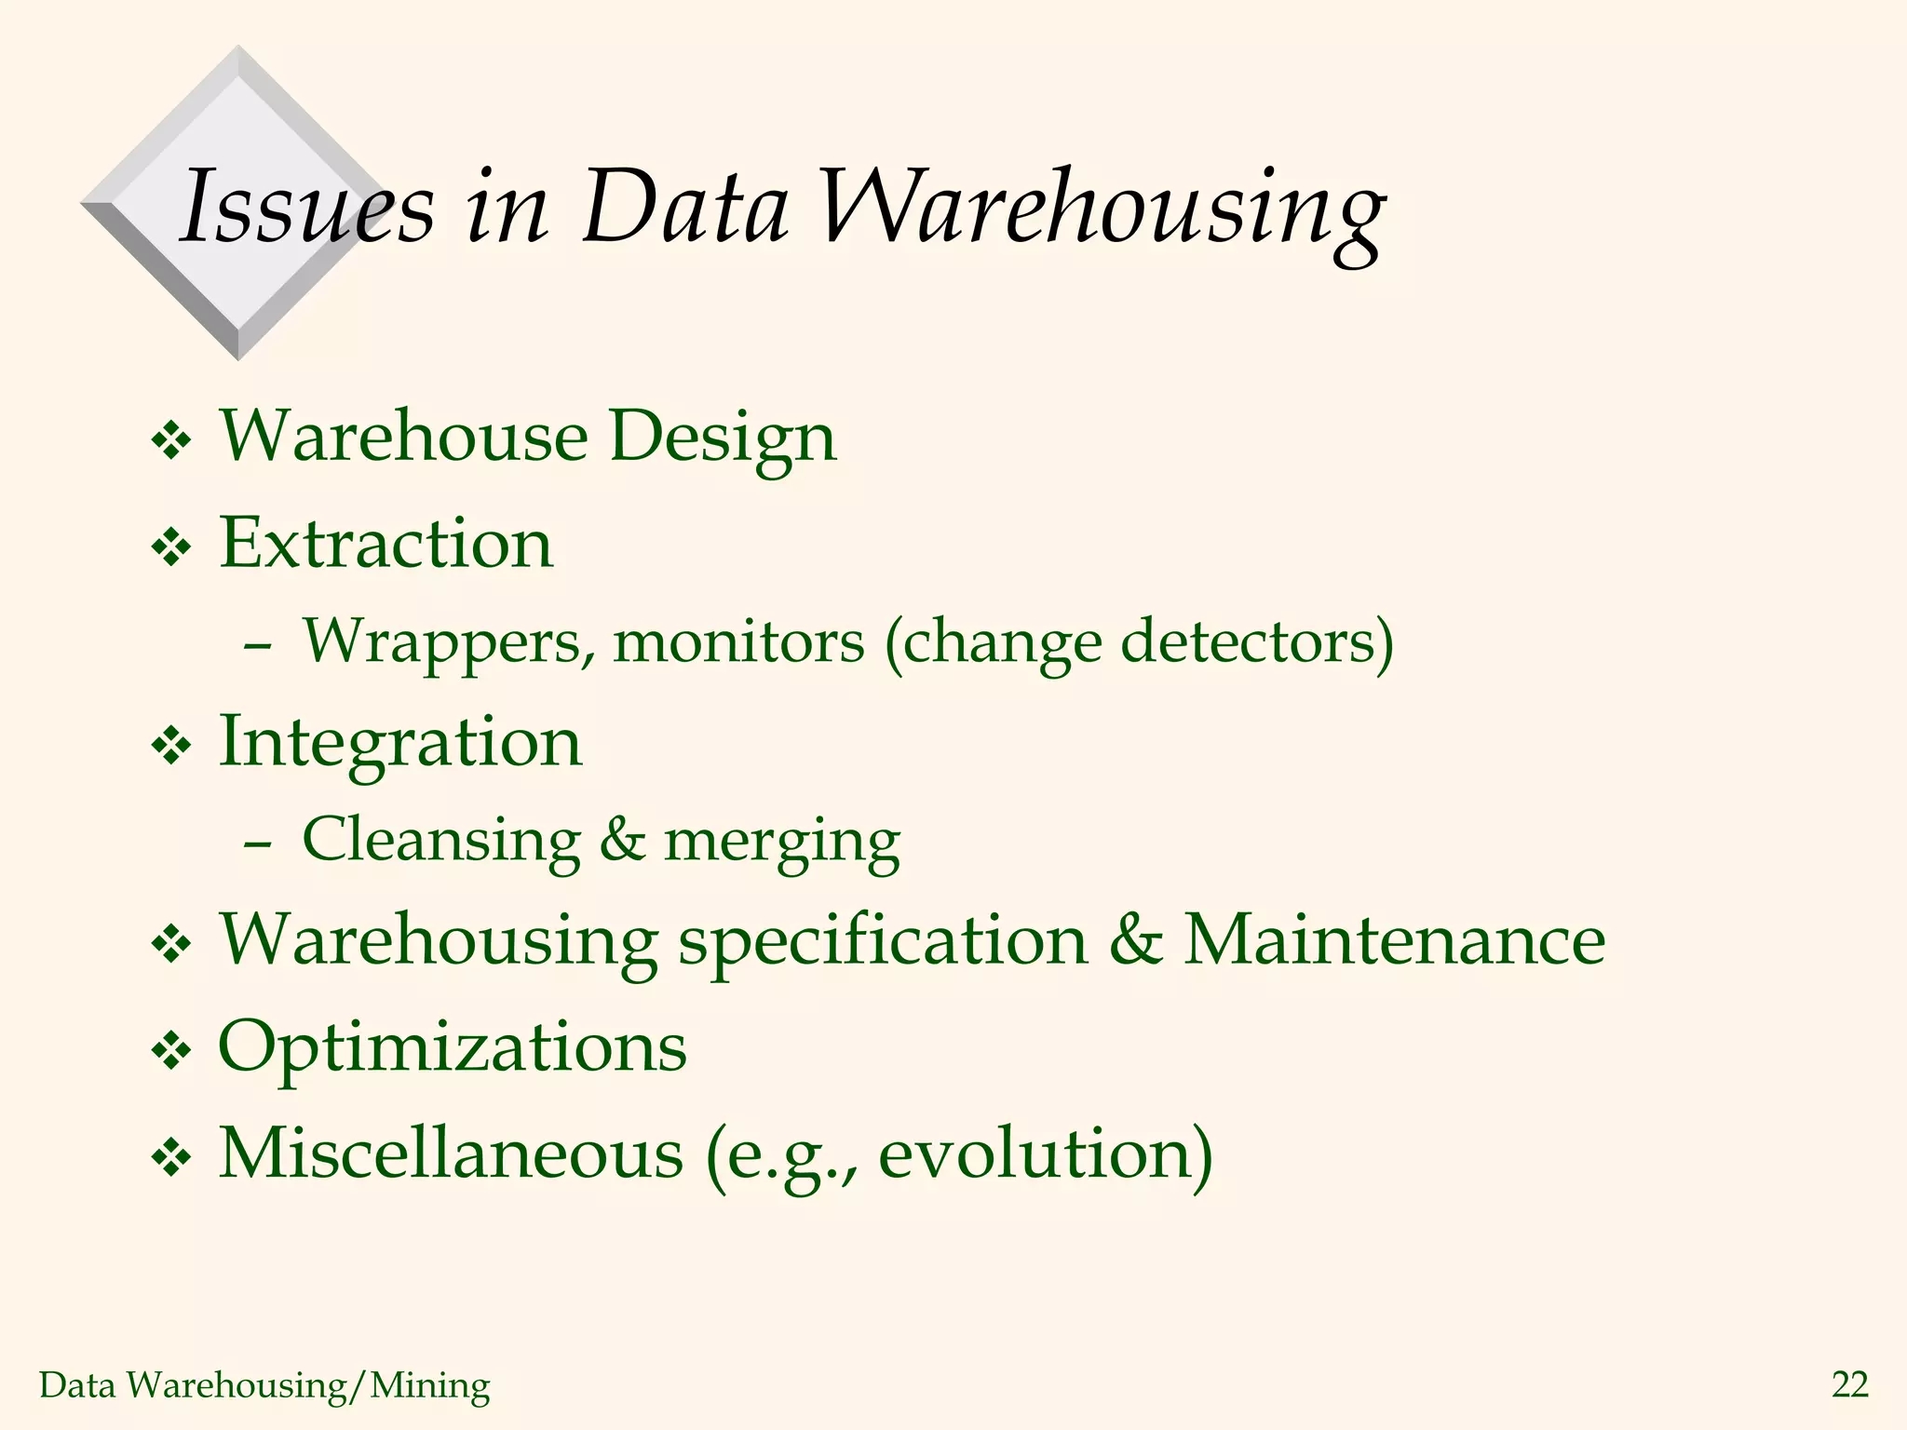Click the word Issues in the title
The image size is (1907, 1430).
point(306,207)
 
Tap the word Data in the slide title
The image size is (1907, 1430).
point(685,207)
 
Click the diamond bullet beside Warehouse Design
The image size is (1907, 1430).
point(171,440)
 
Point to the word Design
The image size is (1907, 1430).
point(723,437)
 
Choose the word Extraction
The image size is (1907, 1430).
point(385,543)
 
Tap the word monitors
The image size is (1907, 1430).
point(738,642)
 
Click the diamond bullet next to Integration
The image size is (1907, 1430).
point(171,746)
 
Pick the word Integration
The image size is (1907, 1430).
point(400,744)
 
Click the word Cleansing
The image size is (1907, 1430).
point(441,841)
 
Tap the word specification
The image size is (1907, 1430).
point(883,941)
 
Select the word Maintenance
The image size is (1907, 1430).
point(1394,939)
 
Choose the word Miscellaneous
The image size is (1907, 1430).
point(451,1153)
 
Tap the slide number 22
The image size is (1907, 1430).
point(1849,1385)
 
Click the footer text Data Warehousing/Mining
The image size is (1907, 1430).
point(264,1385)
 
